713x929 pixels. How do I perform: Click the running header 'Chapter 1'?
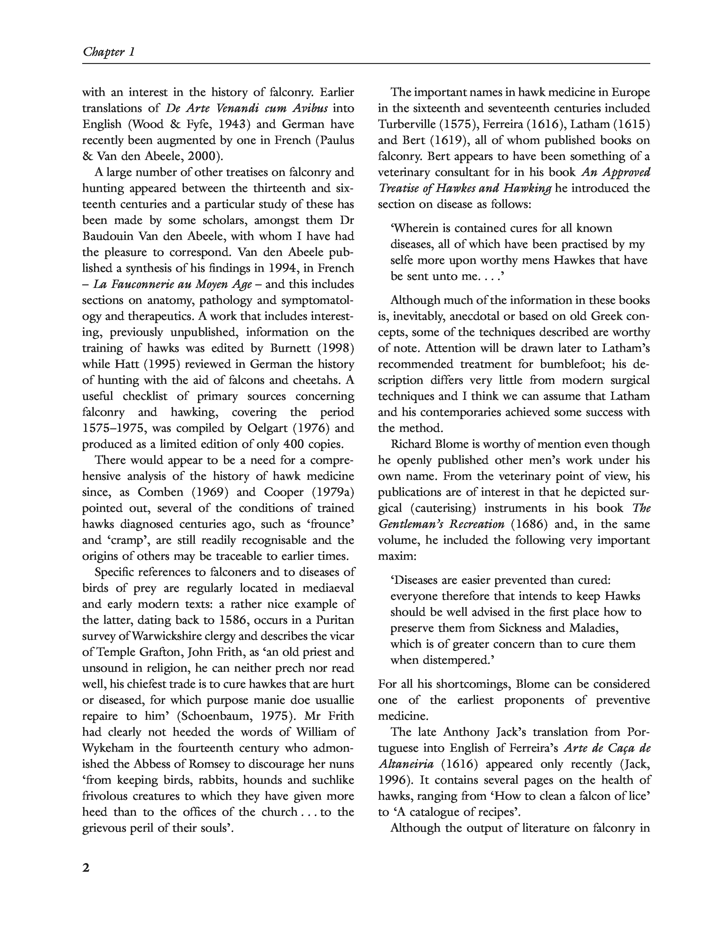point(109,52)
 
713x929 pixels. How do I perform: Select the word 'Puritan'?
point(334,620)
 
